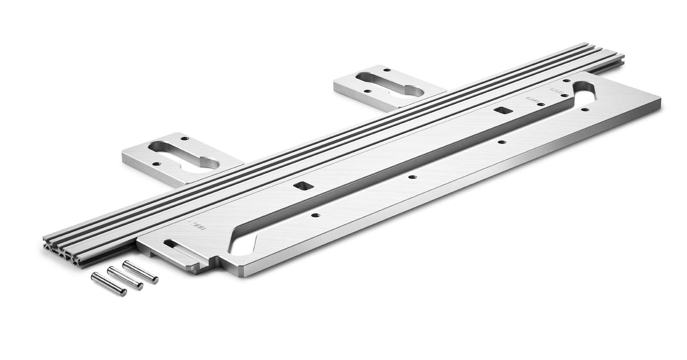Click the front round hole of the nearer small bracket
[156, 163]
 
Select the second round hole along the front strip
[411, 176]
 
